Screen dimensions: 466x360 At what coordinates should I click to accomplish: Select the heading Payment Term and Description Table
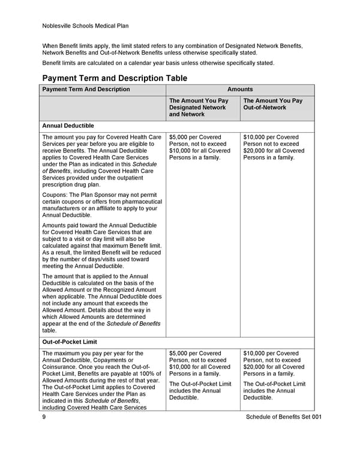pyautogui.click(x=115, y=78)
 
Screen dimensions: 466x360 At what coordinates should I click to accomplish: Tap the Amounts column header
pyautogui.click(x=240, y=89)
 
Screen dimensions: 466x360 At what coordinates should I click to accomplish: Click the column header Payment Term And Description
pyautogui.click(x=86, y=89)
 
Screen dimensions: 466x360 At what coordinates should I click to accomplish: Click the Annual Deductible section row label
pyautogui.click(x=68, y=126)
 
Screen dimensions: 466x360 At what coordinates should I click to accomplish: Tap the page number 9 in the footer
pyautogui.click(x=44, y=417)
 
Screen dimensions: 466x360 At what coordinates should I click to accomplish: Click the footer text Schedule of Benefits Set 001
pyautogui.click(x=283, y=417)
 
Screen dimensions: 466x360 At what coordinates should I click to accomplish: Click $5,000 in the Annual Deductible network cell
pyautogui.click(x=181, y=138)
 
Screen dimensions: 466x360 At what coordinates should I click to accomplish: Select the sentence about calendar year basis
pyautogui.click(x=158, y=63)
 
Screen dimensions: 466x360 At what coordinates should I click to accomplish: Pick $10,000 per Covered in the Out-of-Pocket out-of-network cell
pyautogui.click(x=271, y=353)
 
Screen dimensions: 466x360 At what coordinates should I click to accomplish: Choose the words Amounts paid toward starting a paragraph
pyautogui.click(x=68, y=225)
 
